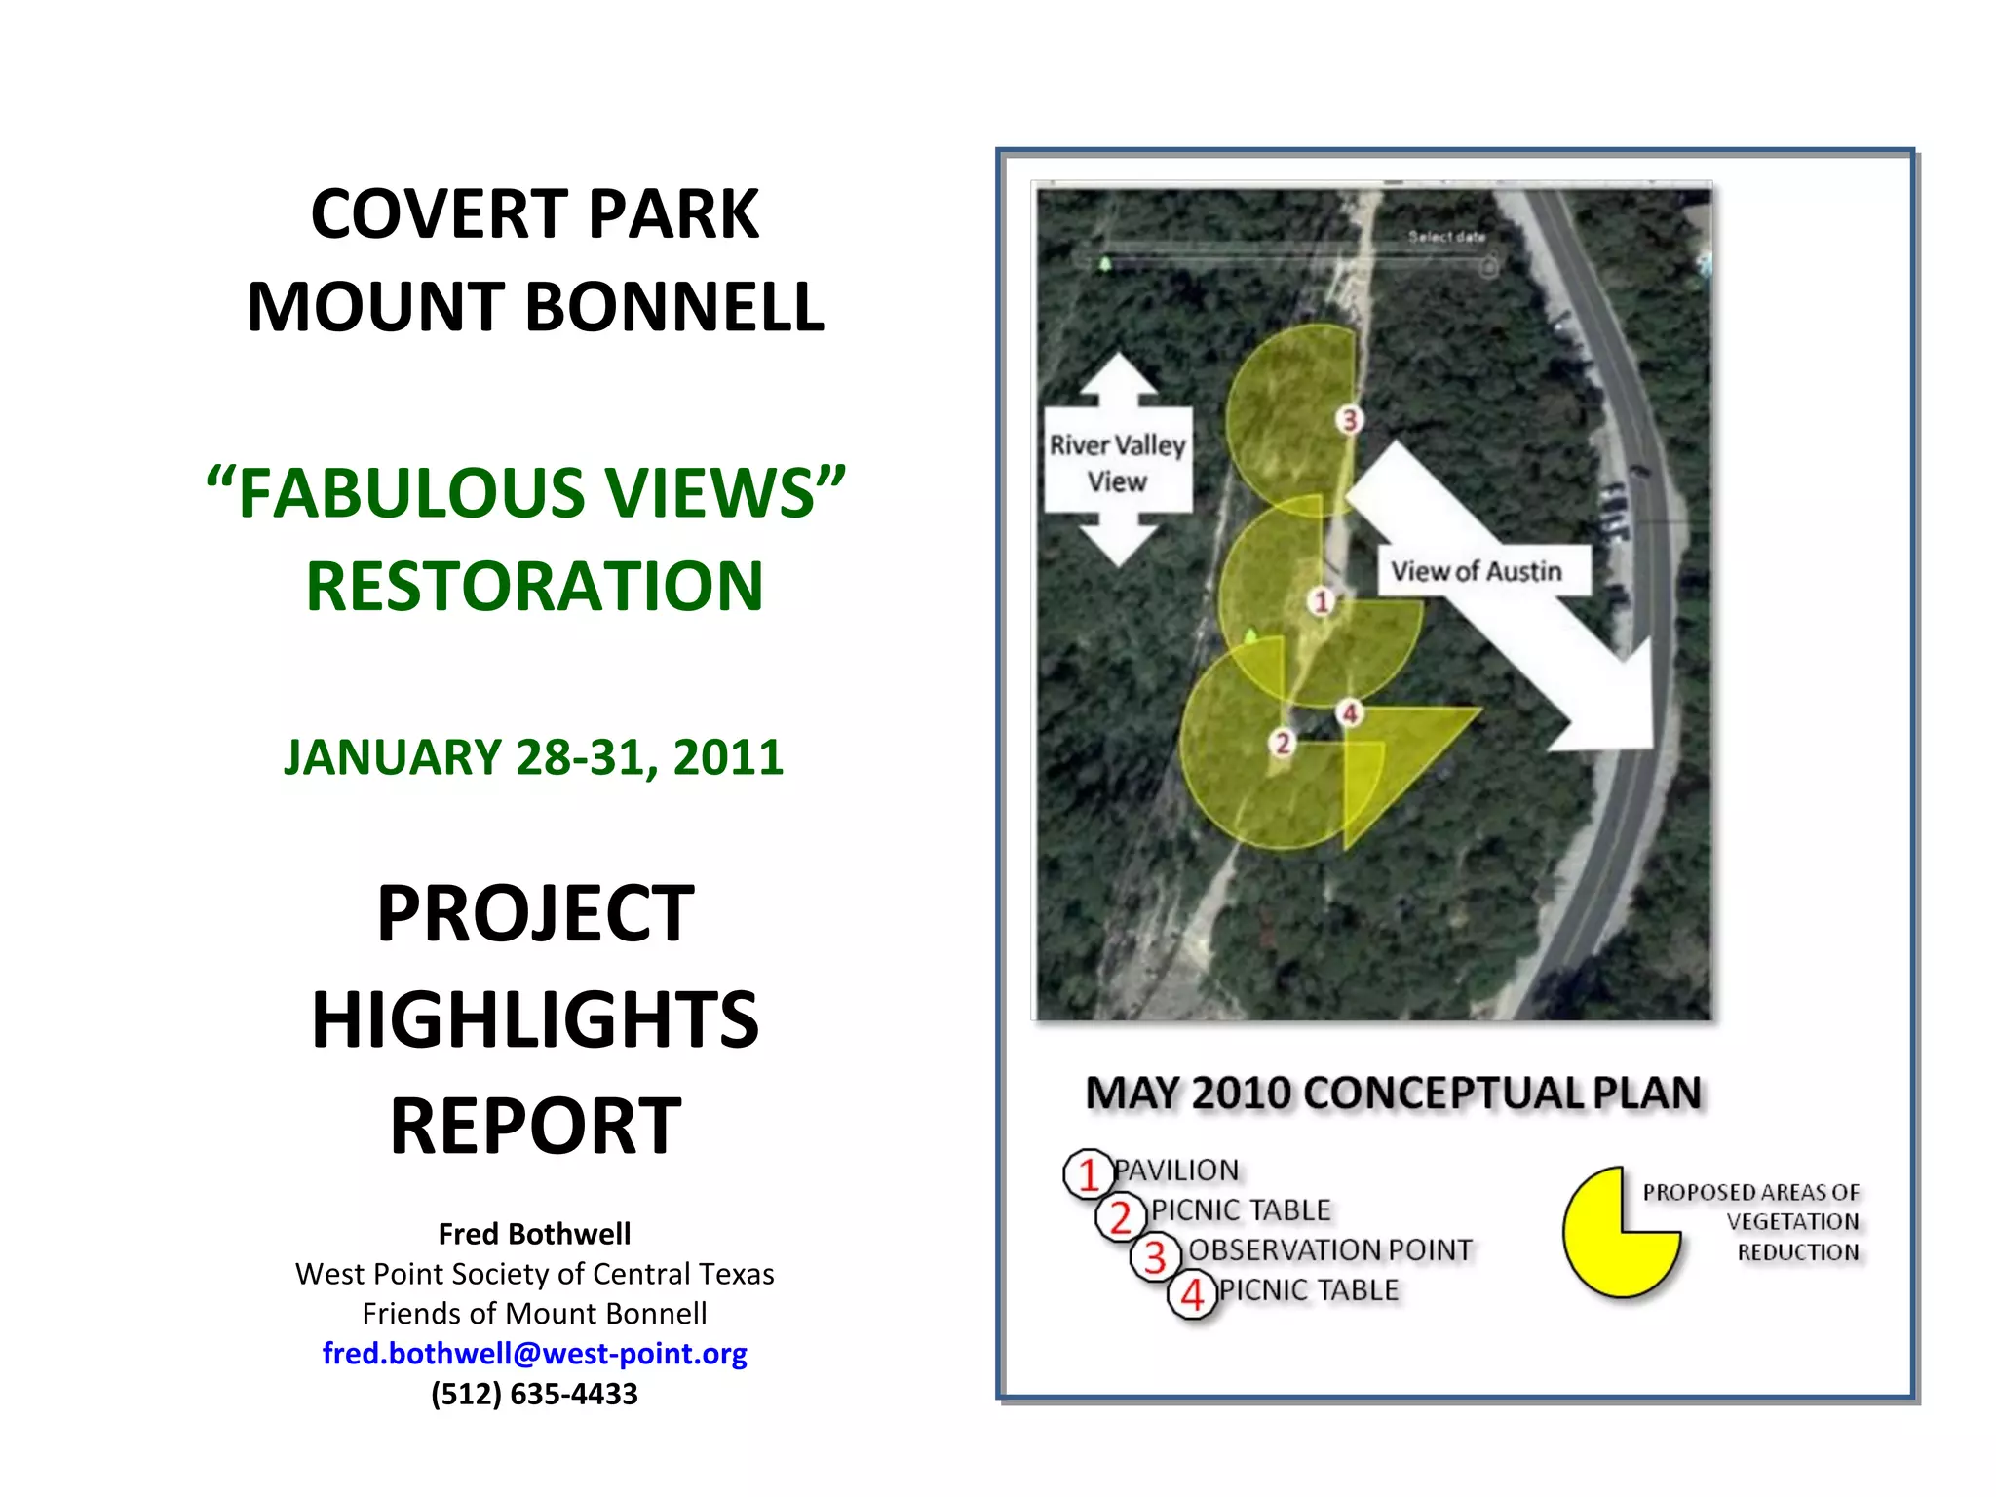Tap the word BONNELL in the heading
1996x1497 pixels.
pyautogui.click(x=674, y=308)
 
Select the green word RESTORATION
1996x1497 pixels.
pyautogui.click(x=534, y=587)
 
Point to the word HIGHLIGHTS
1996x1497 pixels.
pyautogui.click(x=534, y=1019)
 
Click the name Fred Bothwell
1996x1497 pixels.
pyautogui.click(x=534, y=1234)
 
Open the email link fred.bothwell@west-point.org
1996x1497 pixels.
pyautogui.click(x=534, y=1353)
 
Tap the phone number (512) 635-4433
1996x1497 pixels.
pyautogui.click(x=534, y=1394)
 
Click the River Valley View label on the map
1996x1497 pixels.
pyautogui.click(x=1117, y=462)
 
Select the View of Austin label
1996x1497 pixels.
pyautogui.click(x=1476, y=571)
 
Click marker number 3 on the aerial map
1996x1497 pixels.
pyautogui.click(x=1350, y=420)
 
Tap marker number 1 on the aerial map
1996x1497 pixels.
pyautogui.click(x=1322, y=601)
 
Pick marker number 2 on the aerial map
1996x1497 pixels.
pyautogui.click(x=1283, y=744)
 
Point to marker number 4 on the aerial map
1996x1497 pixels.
pyautogui.click(x=1350, y=713)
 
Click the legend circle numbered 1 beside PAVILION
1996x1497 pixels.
pyautogui.click(x=1088, y=1173)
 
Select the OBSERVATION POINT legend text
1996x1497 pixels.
pyautogui.click(x=1329, y=1249)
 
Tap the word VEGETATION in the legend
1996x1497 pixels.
pyautogui.click(x=1791, y=1222)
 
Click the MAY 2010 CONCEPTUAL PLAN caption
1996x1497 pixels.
pyautogui.click(x=1394, y=1094)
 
